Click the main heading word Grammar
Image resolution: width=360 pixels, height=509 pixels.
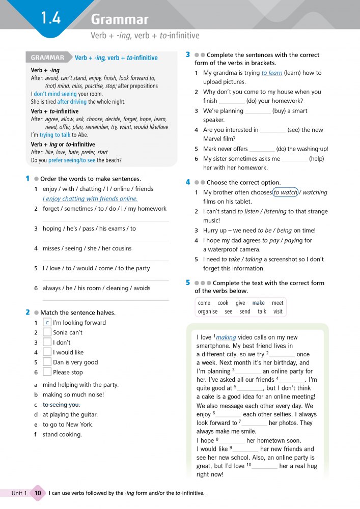(x=120, y=20)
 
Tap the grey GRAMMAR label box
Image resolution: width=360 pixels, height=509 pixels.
(x=47, y=58)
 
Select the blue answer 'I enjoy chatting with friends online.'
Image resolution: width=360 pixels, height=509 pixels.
(x=90, y=199)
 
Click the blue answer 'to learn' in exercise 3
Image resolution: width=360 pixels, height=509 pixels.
(x=272, y=73)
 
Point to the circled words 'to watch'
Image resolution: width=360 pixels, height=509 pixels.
(x=286, y=192)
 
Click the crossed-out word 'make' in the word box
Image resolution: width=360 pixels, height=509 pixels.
(x=259, y=303)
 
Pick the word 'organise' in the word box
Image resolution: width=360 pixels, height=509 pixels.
(x=207, y=312)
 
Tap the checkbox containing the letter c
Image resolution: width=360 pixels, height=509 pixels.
(x=47, y=323)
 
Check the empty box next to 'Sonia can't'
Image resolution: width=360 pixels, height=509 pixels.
(x=47, y=332)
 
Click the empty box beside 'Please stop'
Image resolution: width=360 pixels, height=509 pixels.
(x=47, y=372)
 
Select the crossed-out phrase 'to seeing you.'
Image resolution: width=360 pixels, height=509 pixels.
(x=62, y=405)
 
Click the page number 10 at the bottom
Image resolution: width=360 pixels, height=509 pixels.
(x=38, y=493)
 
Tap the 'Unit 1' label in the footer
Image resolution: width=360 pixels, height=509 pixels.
(x=19, y=493)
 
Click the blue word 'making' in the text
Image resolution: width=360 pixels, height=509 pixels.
(x=226, y=337)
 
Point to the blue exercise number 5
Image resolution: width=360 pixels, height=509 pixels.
(x=188, y=282)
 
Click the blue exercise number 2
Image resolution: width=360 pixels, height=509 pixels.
(x=27, y=312)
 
